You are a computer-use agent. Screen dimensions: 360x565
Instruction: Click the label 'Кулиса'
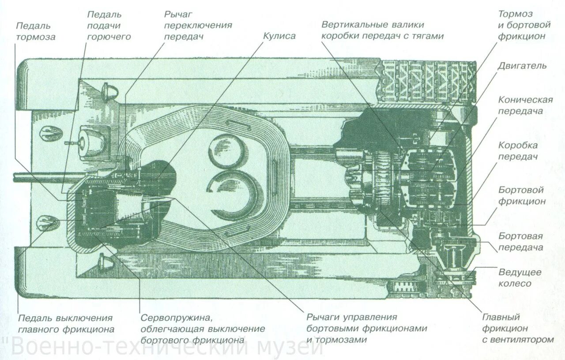pyautogui.click(x=279, y=36)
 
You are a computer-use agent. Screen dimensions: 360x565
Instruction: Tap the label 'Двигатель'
pyautogui.click(x=522, y=66)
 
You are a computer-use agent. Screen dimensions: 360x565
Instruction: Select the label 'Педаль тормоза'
pyautogui.click(x=36, y=31)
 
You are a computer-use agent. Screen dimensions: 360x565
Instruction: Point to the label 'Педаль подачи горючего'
pyautogui.click(x=109, y=26)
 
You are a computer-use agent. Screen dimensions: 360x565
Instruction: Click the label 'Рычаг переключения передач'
pyautogui.click(x=198, y=26)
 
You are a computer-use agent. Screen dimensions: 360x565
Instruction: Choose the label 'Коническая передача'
pyautogui.click(x=525, y=105)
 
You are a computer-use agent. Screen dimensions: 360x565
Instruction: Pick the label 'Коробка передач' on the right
pyautogui.click(x=518, y=151)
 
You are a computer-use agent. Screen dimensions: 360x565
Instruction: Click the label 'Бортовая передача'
pyautogui.click(x=521, y=242)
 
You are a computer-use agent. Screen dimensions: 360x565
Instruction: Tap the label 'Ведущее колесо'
pyautogui.click(x=515, y=277)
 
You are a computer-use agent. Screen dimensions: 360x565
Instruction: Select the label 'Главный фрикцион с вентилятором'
pyautogui.click(x=517, y=328)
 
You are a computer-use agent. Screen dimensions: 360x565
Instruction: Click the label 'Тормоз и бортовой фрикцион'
pyautogui.click(x=524, y=26)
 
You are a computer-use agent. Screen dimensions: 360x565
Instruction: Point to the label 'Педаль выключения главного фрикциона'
pyautogui.click(x=66, y=323)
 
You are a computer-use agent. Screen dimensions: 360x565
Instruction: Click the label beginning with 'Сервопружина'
pyautogui.click(x=203, y=329)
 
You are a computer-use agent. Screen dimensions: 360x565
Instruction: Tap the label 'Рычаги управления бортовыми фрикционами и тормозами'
pyautogui.click(x=367, y=328)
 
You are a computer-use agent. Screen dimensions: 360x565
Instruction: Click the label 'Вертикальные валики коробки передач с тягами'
pyautogui.click(x=382, y=30)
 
